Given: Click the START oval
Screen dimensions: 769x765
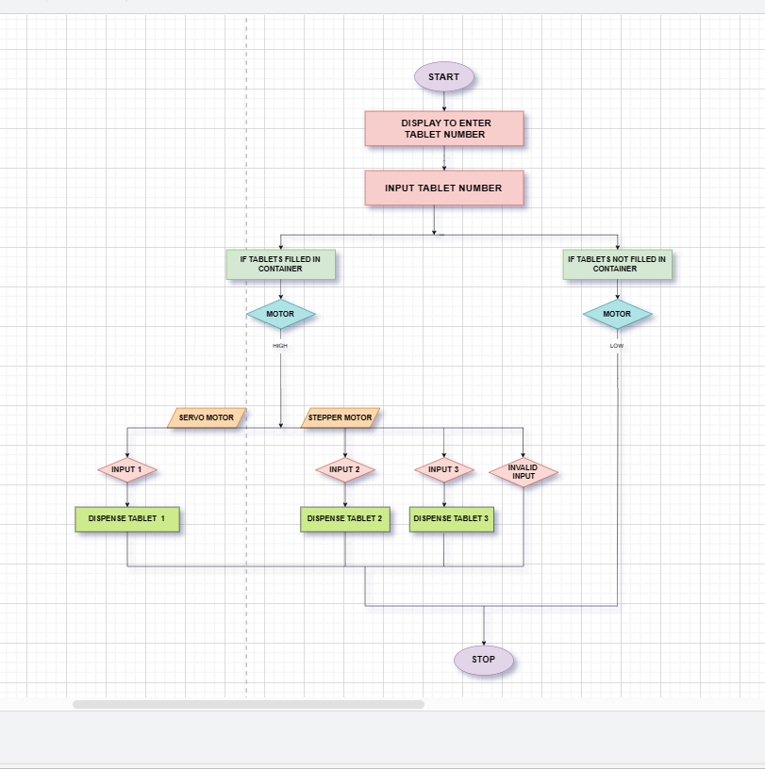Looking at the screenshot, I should (443, 77).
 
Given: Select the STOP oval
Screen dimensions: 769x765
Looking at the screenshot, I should (483, 660).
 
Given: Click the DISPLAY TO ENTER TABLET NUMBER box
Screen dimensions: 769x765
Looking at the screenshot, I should (444, 129).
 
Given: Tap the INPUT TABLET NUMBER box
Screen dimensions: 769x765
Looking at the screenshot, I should (443, 188).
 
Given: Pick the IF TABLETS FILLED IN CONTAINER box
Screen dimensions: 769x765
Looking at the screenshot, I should (280, 264).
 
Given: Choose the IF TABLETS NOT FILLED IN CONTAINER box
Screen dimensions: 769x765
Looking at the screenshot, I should (617, 264).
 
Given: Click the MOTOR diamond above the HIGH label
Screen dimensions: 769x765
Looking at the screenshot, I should (280, 315).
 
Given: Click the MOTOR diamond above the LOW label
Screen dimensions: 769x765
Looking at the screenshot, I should (617, 315).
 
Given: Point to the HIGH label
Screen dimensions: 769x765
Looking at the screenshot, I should (280, 346).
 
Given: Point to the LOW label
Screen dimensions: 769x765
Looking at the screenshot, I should (617, 346).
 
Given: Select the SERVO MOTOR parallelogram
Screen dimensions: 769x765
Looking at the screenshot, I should (207, 417).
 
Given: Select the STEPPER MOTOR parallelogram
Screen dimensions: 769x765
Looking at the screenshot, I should (341, 417).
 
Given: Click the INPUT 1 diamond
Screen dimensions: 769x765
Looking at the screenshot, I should (126, 469).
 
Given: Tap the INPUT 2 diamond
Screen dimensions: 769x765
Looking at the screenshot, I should (344, 469).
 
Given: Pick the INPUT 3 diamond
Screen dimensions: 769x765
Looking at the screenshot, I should (443, 469).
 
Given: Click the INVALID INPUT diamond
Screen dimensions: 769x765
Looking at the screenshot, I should (523, 471).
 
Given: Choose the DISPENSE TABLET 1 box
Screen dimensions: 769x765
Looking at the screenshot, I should (126, 519).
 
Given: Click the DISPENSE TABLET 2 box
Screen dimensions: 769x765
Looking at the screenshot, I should (344, 519).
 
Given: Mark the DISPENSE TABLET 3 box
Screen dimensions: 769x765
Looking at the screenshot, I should (451, 519).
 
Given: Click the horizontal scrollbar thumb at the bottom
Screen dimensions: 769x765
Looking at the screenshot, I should (248, 704).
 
